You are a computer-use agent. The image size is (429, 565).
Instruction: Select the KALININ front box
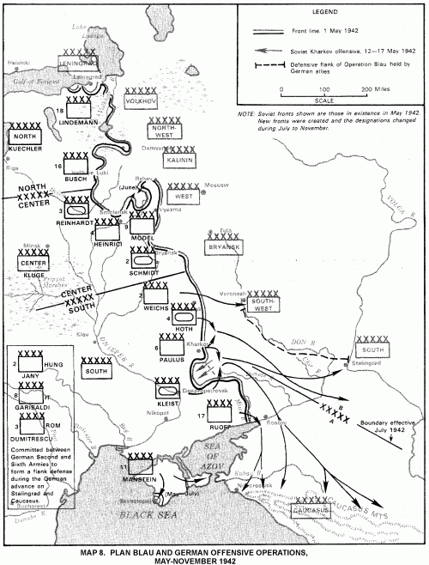click(x=178, y=161)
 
